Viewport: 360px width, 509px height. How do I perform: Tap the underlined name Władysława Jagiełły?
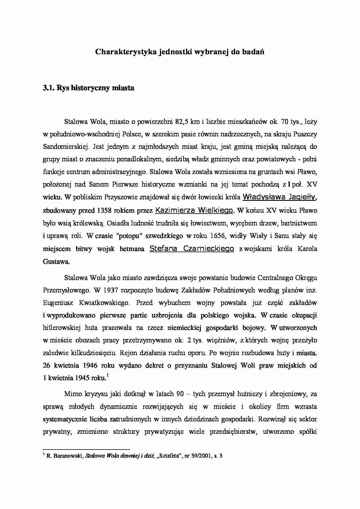[x=279, y=197]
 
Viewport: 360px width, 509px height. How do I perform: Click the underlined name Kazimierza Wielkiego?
[x=194, y=210]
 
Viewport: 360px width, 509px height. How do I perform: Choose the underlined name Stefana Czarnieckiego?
[x=192, y=249]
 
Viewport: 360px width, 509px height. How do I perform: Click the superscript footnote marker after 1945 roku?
[x=107, y=376]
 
